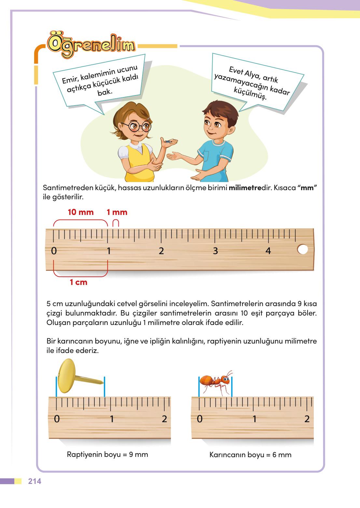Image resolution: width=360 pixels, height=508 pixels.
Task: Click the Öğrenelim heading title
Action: (91, 45)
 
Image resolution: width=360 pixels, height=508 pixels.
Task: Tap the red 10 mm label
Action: (80, 212)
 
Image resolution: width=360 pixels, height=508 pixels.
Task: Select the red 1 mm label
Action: (117, 212)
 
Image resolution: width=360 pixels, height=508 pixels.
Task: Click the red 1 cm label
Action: (78, 282)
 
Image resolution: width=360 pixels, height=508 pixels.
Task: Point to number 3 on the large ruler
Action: (215, 251)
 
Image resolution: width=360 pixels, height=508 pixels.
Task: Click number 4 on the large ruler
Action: (268, 251)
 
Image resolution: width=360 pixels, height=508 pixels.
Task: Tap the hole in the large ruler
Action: (303, 249)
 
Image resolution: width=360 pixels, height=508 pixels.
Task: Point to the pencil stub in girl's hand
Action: (168, 142)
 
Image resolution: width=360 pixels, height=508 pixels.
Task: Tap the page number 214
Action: (35, 481)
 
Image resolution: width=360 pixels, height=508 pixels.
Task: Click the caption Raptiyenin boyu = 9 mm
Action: (107, 455)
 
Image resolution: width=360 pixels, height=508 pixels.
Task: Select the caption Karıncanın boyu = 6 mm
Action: (250, 455)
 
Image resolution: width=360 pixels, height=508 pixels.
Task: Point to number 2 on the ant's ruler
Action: (307, 419)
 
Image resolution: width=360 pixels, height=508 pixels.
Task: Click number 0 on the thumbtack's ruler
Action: (57, 419)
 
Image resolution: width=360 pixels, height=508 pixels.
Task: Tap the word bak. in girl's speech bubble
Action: (105, 92)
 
